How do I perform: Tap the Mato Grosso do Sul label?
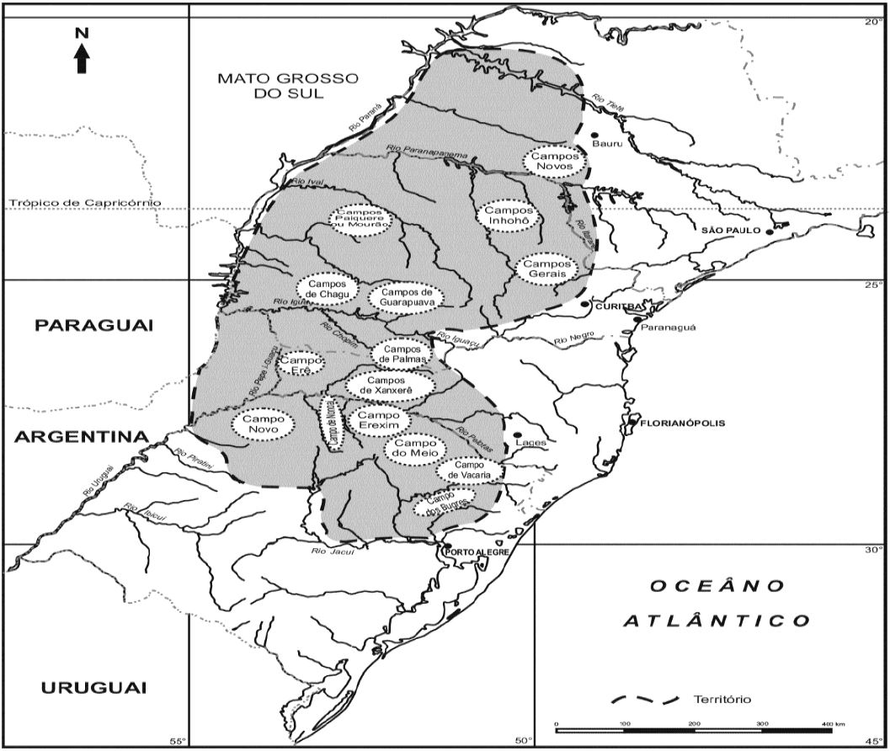click(288, 86)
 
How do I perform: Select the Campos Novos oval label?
click(553, 161)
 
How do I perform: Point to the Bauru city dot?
click(594, 135)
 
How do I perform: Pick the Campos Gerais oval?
click(546, 269)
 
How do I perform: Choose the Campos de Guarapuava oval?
click(406, 296)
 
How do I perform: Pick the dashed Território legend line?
click(646, 699)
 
